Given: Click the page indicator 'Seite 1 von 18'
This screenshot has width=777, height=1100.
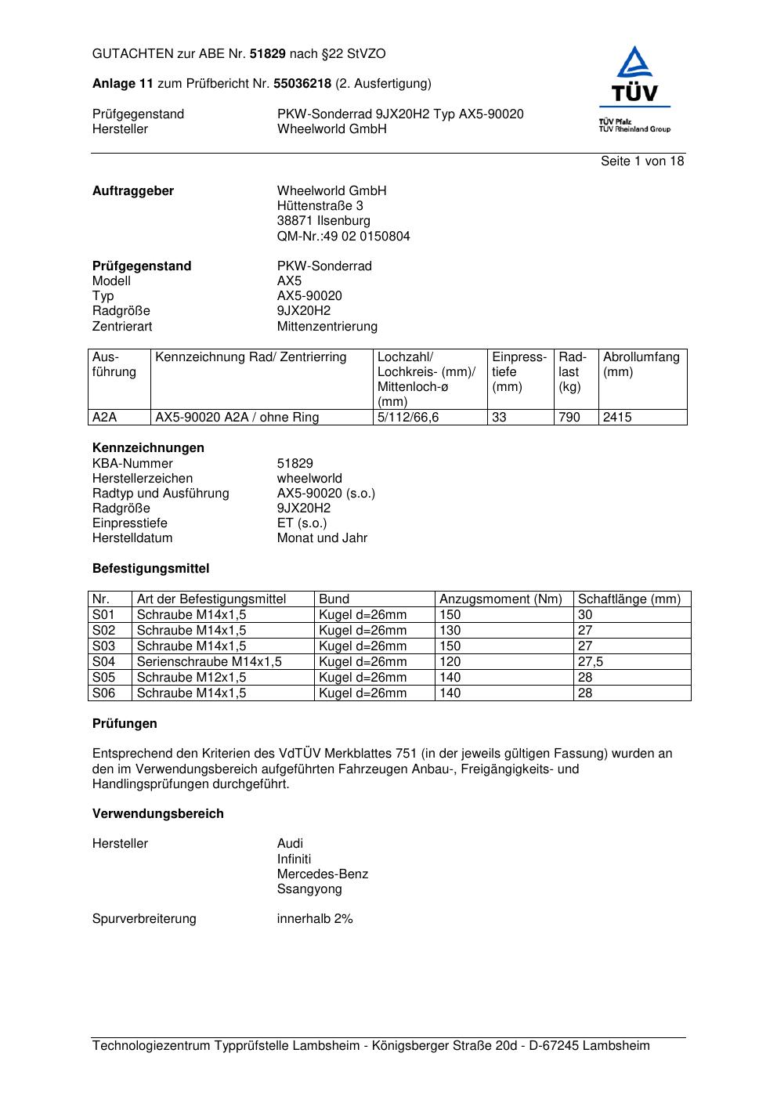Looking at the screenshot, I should pyautogui.click(x=641, y=161).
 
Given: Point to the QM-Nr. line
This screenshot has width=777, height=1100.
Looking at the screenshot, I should pyautogui.click(x=343, y=237).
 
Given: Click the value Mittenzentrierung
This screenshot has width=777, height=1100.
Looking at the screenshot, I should pyautogui.click(x=327, y=327).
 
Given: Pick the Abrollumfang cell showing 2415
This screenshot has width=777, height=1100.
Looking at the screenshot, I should pyautogui.click(x=617, y=418).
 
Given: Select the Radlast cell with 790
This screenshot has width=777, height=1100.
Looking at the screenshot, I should pyautogui.click(x=569, y=418).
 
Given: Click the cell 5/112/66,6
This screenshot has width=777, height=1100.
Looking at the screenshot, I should pyautogui.click(x=408, y=418).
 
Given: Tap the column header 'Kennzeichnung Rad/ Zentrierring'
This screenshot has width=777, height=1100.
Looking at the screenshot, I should pyautogui.click(x=251, y=358).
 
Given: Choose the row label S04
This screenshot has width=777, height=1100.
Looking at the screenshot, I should pyautogui.click(x=103, y=662).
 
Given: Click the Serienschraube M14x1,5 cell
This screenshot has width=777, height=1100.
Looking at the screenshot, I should pyautogui.click(x=209, y=662).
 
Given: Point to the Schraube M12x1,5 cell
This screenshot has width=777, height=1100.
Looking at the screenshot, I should pyautogui.click(x=191, y=678).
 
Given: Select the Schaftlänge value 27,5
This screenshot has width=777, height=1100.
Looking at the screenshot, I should pyautogui.click(x=591, y=662).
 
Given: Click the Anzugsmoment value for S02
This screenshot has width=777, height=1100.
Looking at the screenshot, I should pyautogui.click(x=450, y=631).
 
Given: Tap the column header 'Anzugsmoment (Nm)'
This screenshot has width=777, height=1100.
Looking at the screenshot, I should pyautogui.click(x=501, y=599).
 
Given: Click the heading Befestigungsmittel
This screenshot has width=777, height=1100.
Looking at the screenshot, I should pyautogui.click(x=150, y=569).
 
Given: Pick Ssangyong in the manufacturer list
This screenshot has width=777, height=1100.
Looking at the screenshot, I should pyautogui.click(x=309, y=889).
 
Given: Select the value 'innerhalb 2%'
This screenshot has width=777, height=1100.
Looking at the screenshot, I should pyautogui.click(x=315, y=919).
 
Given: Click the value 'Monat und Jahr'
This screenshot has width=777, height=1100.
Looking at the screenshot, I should pyautogui.click(x=322, y=538).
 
